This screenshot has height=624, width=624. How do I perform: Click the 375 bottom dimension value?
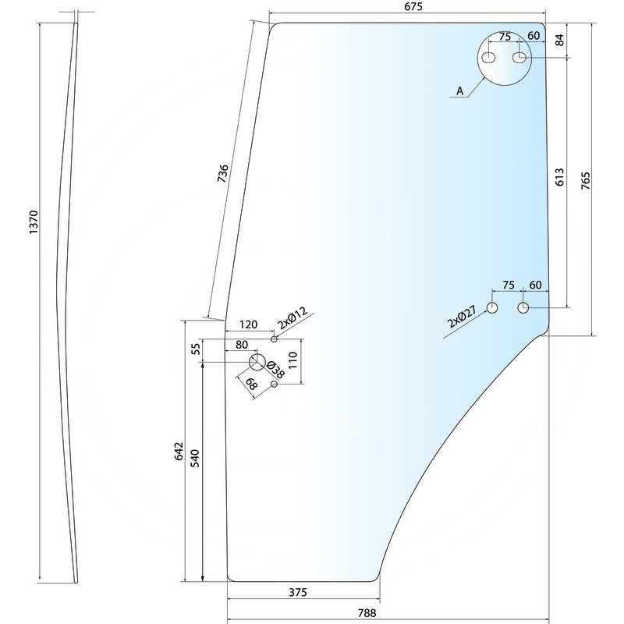pyautogui.click(x=297, y=592)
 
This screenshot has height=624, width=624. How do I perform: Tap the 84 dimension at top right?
pyautogui.click(x=559, y=40)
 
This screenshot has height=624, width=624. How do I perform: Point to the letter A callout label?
pyautogui.click(x=460, y=91)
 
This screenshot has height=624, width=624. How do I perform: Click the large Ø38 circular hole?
pyautogui.click(x=257, y=362)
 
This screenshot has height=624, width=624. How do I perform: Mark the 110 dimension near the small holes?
pyautogui.click(x=294, y=360)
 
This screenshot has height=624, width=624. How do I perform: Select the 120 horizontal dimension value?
pyautogui.click(x=249, y=324)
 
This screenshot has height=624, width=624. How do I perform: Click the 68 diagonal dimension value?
pyautogui.click(x=251, y=385)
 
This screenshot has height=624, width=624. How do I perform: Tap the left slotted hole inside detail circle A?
pyautogui.click(x=489, y=58)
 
